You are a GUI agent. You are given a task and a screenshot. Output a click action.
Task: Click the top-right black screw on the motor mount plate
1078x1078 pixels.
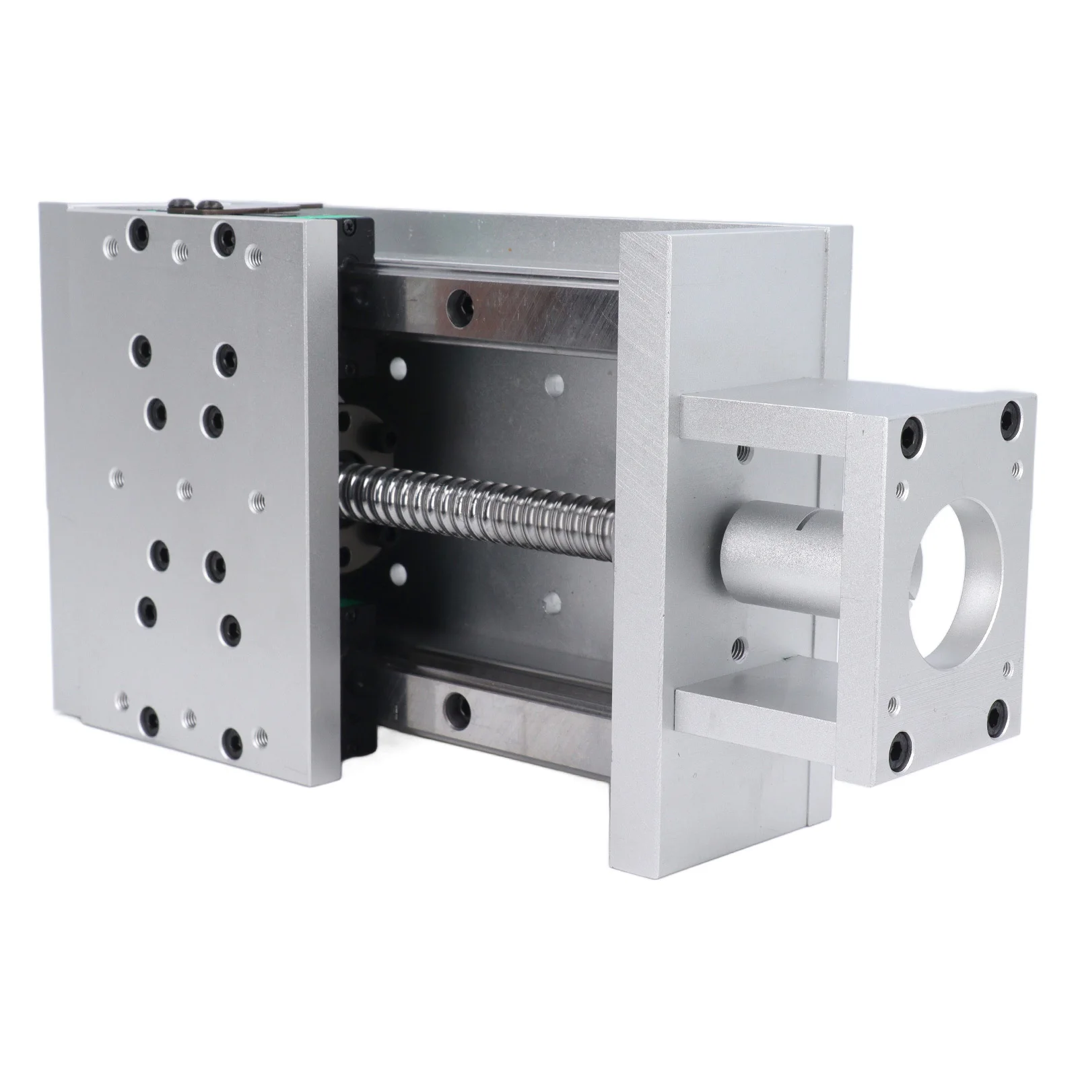1009,416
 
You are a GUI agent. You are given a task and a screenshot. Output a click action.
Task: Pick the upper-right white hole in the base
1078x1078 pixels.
554,382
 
